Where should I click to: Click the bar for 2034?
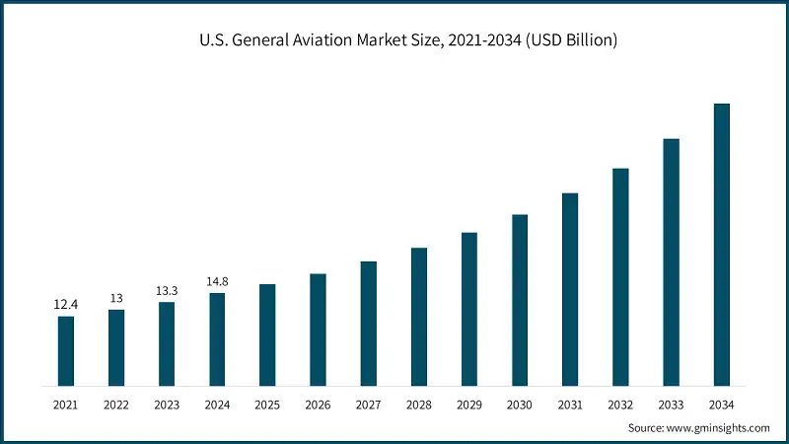721,244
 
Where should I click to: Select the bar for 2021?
66,350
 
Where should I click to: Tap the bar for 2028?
419,316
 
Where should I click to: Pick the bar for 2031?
570,289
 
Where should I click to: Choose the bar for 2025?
267,334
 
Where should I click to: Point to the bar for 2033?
671,261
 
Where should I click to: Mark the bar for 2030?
520,300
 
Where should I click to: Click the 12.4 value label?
66,305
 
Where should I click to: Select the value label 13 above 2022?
116,298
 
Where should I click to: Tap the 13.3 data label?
167,291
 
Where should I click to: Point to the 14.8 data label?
217,282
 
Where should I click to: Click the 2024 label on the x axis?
217,405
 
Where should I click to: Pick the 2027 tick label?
368,405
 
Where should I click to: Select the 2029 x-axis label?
469,405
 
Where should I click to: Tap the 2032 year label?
620,405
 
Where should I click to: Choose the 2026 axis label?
318,405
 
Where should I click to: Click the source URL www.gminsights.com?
719,428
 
